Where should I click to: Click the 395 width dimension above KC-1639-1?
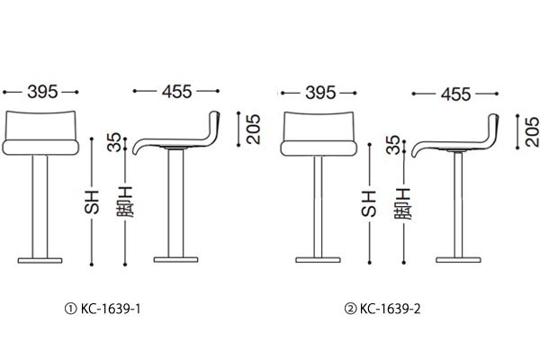(42, 92)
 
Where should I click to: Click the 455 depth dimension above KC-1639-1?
(176, 91)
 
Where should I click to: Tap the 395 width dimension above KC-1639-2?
(320, 93)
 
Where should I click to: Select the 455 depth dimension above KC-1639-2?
(455, 94)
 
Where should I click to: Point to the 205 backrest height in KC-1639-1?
(253, 130)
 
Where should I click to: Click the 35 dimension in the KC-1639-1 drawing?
(114, 142)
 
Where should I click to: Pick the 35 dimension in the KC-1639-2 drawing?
(393, 145)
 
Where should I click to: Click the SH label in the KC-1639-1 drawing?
(92, 202)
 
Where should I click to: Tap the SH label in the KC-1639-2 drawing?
(369, 203)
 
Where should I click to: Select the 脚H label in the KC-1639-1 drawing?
(125, 202)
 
